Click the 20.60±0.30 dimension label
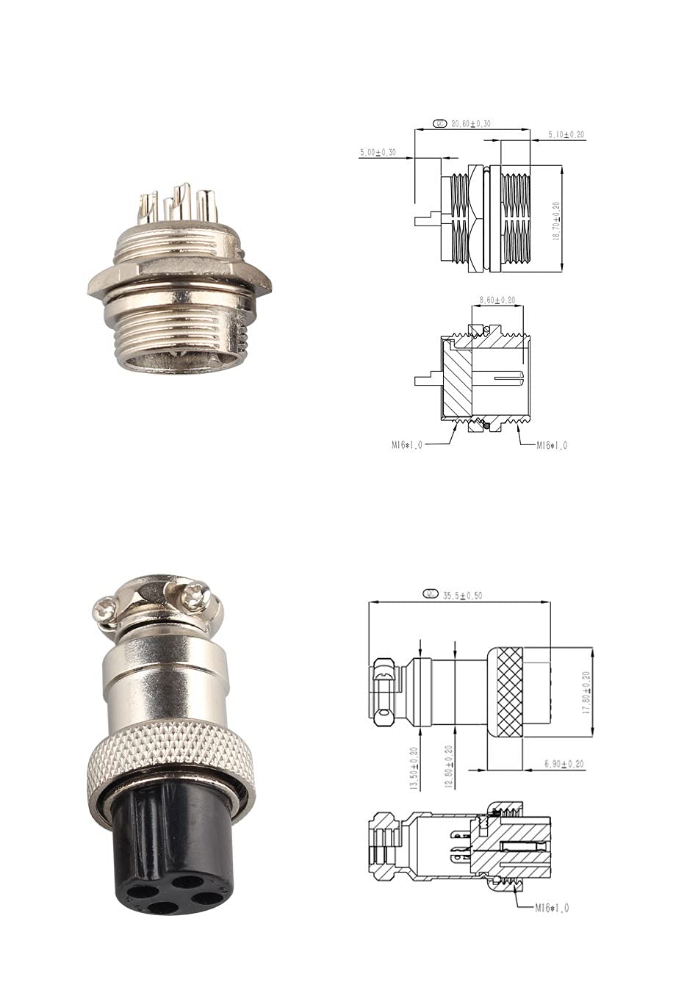pyautogui.click(x=470, y=123)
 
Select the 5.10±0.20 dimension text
pyautogui.click(x=566, y=134)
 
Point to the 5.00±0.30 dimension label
pyautogui.click(x=378, y=152)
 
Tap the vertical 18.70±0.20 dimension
pyautogui.click(x=556, y=221)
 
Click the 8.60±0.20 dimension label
pyautogui.click(x=497, y=300)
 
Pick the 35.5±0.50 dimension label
pyautogui.click(x=462, y=596)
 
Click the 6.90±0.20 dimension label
pyautogui.click(x=564, y=764)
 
